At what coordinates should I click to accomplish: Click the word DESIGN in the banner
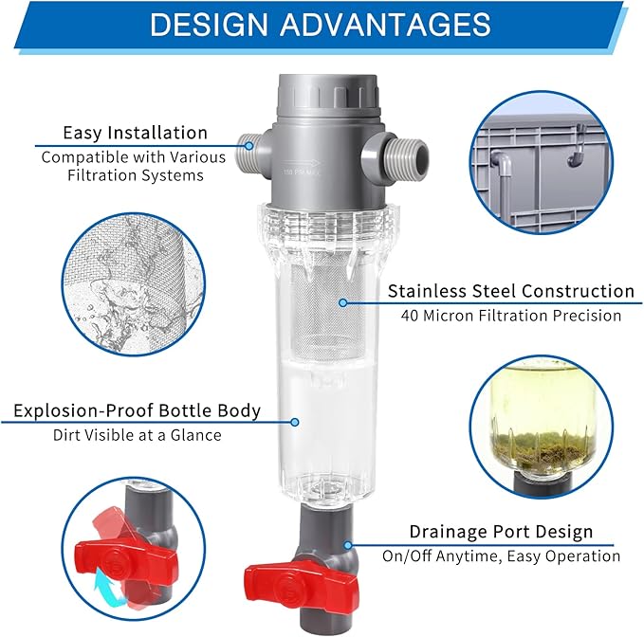coord(209,25)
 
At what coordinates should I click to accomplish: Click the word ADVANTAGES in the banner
coord(385,25)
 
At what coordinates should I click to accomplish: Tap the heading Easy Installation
coord(135,133)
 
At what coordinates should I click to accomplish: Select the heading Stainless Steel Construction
coord(511,291)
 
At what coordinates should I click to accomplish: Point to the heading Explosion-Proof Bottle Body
coord(138,410)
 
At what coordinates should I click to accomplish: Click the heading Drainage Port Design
coord(501,532)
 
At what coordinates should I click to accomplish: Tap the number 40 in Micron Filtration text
coord(410,316)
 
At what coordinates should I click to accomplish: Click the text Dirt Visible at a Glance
coord(138,435)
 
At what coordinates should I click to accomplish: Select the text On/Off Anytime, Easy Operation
coord(501,556)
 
